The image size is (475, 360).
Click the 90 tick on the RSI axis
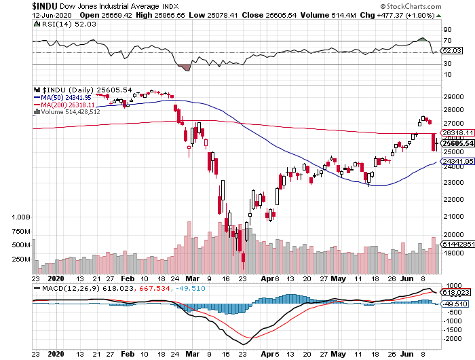pos(448,30)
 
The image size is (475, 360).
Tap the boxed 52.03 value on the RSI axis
pos(451,51)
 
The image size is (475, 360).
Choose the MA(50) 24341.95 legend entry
pos(64,97)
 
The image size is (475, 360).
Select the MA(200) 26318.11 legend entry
pos(66,105)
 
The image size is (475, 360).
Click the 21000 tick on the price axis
pos(453,215)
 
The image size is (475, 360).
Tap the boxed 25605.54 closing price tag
pos(456,143)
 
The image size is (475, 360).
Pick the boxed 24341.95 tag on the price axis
pos(456,162)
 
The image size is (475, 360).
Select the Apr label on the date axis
pos(268,278)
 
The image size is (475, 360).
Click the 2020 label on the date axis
pos(56,278)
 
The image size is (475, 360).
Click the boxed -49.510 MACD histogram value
pos(455,303)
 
